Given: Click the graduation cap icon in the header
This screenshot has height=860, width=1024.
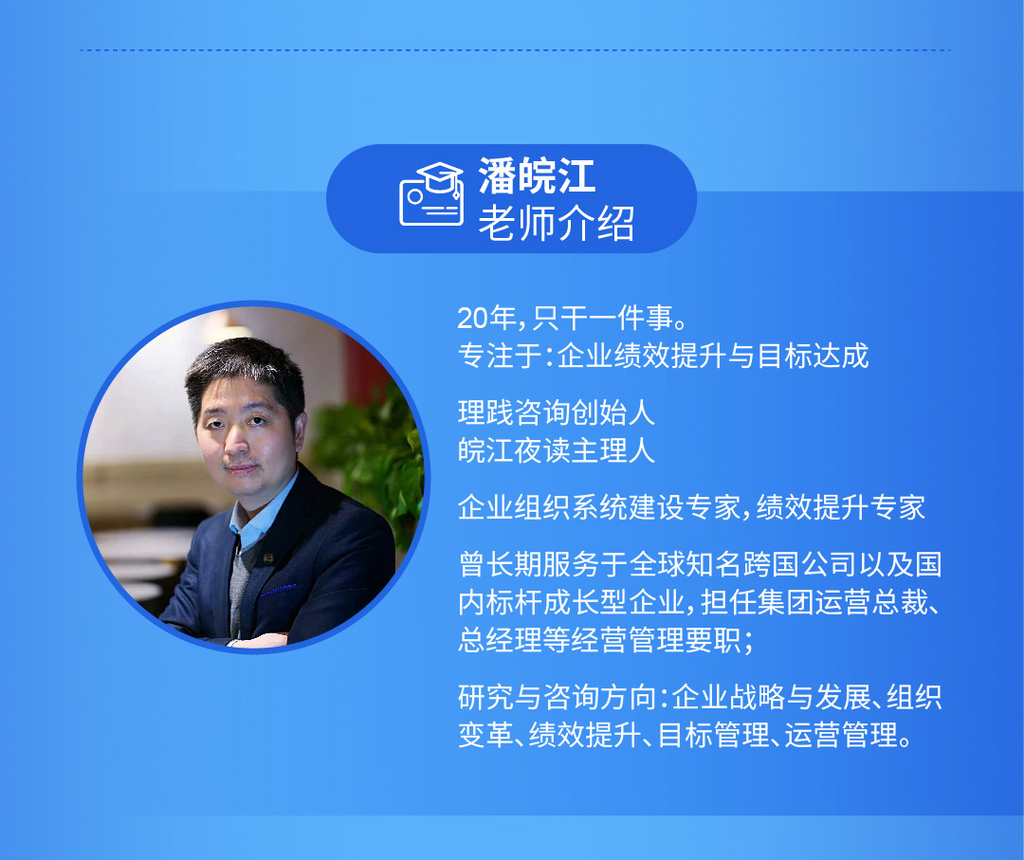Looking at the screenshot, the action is coord(431,194).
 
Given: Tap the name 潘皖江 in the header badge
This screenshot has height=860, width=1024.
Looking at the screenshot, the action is coord(537,175).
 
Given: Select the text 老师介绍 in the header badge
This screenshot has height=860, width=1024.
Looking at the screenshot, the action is coord(557,224).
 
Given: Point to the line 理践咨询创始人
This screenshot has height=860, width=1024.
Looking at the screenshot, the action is coord(557,412).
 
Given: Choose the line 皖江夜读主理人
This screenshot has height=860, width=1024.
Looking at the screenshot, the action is coord(557,450).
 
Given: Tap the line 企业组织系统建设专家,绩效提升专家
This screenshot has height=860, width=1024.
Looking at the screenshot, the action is coord(691,507).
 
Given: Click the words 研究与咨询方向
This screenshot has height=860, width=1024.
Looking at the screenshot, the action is coord(558,698).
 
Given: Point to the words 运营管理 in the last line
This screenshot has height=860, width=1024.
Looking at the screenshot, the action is coord(841,735).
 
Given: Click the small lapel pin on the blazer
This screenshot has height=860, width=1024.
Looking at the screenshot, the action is coord(267,558).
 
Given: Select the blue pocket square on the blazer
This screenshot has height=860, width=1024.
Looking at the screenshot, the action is coord(278,591).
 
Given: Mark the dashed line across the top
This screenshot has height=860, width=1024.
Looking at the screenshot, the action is coord(516,49).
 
